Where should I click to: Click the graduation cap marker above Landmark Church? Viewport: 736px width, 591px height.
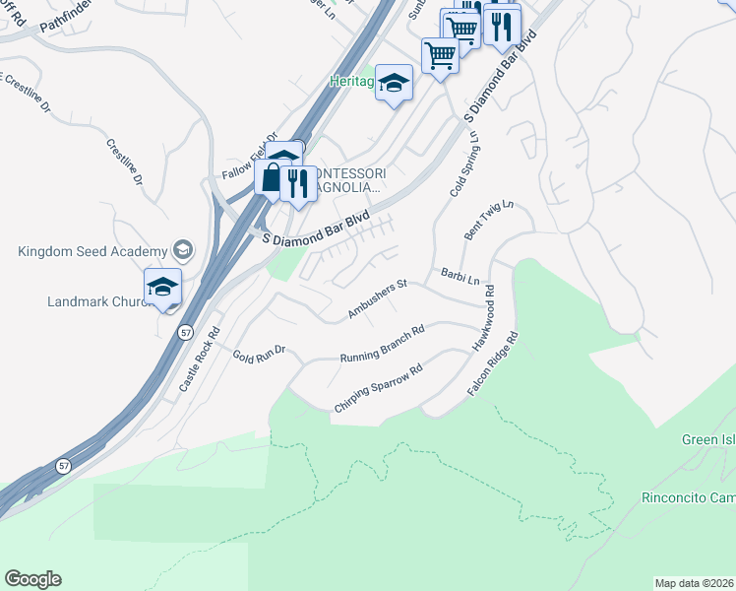tap(162, 287)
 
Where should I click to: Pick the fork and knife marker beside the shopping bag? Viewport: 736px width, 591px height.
tap(298, 181)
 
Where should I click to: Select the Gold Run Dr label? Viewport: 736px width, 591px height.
tap(259, 353)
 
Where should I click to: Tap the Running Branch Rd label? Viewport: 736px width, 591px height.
tap(382, 344)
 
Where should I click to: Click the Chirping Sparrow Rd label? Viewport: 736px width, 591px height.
tap(378, 389)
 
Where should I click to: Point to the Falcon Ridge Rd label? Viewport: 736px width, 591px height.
tap(493, 364)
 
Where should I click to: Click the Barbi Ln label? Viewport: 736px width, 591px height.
tap(459, 278)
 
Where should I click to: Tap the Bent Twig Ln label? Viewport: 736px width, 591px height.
tap(489, 221)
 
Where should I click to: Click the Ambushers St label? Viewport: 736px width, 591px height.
tap(378, 299)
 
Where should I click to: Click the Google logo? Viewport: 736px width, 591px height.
tap(32, 579)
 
